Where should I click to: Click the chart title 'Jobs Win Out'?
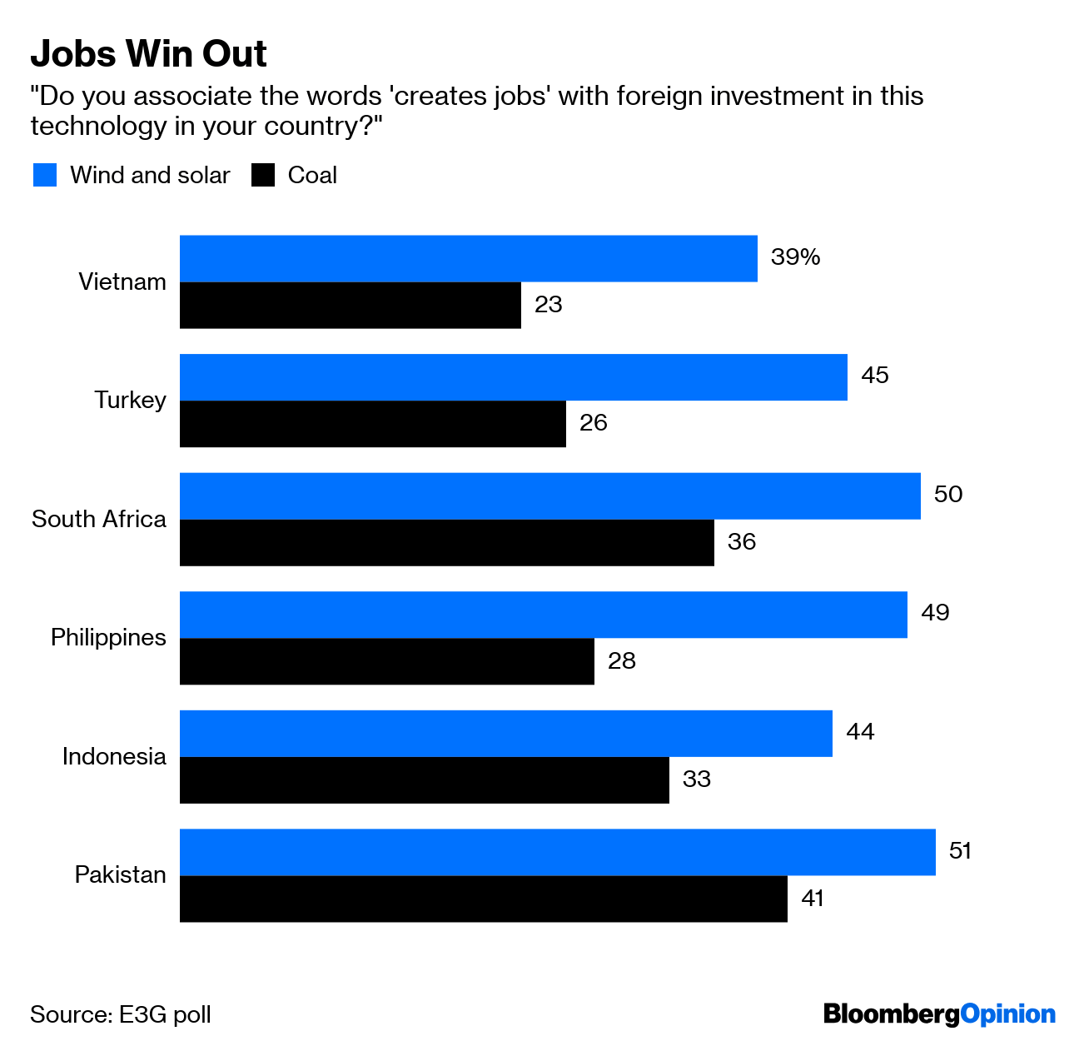click(148, 54)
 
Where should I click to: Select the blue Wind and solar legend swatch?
click(45, 175)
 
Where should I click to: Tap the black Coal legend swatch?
click(263, 175)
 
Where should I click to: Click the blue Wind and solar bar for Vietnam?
click(468, 258)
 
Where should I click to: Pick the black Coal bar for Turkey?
click(372, 424)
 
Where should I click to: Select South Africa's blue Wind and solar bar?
click(549, 496)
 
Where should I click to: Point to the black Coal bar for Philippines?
click(386, 661)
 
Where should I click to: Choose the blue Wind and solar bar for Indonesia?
click(505, 734)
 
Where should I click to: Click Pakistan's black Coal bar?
click(483, 899)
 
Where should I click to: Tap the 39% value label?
click(795, 257)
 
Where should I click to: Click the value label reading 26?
click(594, 423)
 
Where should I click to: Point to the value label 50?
click(947, 495)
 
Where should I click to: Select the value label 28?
click(622, 661)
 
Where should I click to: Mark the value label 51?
click(960, 851)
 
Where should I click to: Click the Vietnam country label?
click(122, 281)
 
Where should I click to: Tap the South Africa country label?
click(99, 519)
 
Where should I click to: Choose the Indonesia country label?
click(114, 756)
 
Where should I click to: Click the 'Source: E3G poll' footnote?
click(121, 1014)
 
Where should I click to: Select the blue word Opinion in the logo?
click(1007, 1014)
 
